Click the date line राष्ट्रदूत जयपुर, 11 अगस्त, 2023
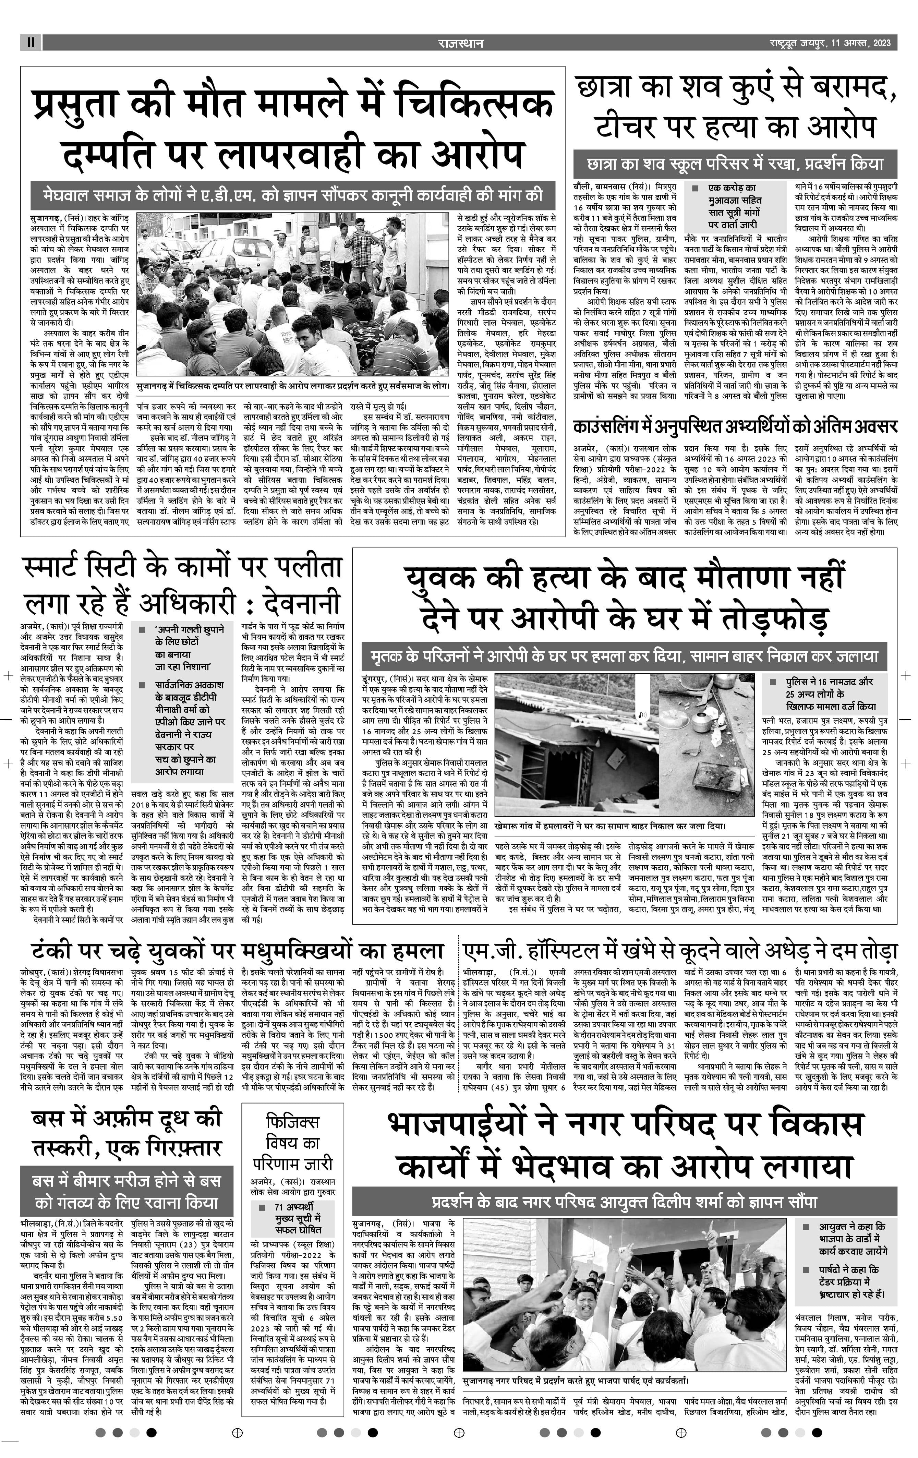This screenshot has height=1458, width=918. pos(830,43)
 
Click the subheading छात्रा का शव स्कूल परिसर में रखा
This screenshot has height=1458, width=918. pos(735,164)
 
